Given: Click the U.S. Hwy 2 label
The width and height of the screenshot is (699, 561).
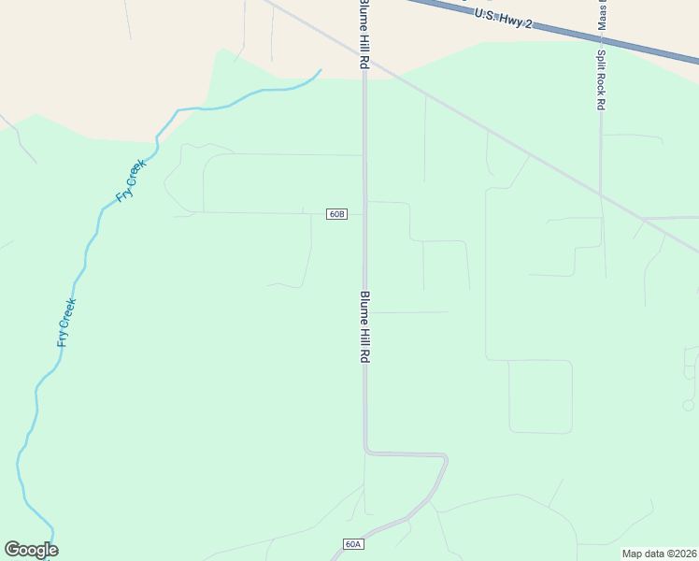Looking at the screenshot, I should [503, 18].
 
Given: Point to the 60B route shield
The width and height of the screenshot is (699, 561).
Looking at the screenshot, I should [337, 214].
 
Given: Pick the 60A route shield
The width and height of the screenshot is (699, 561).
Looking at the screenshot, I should [352, 544].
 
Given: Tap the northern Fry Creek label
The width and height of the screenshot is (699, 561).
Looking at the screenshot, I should [131, 181].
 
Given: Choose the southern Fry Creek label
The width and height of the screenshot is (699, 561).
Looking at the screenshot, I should [65, 323].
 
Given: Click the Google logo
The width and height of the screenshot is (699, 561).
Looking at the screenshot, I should [31, 550].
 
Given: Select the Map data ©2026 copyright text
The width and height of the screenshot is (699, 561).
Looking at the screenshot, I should [659, 554].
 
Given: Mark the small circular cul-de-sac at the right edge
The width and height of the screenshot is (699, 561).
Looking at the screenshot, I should [689, 406].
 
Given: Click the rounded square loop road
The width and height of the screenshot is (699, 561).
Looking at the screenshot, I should [540, 396].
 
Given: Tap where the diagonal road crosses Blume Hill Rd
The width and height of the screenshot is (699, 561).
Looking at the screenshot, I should [364, 59].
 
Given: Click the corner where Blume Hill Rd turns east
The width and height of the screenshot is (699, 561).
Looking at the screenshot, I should [367, 453].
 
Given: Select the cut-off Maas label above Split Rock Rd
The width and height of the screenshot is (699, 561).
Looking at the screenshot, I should [601, 13].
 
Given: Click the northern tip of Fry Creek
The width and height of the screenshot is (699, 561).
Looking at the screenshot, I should [321, 70].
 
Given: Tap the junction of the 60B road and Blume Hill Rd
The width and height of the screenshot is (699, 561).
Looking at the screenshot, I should [364, 214].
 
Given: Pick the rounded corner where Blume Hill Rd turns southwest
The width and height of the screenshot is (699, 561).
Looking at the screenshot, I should [446, 460].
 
